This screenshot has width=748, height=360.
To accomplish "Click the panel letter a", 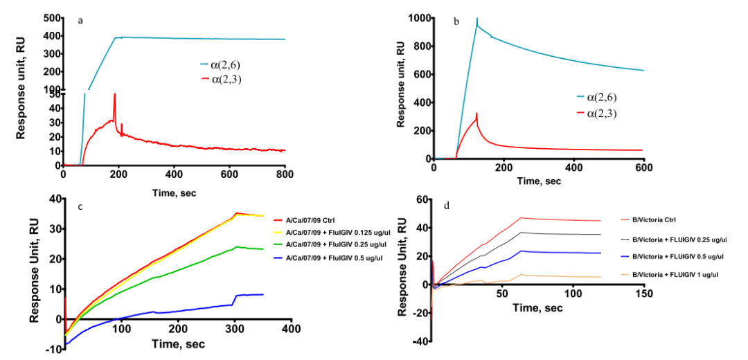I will click(81, 21).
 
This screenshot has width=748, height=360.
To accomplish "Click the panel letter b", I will click(456, 21).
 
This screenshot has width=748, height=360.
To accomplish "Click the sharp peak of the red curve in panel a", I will click(114, 95).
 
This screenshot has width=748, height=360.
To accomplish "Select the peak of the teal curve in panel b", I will click(477, 19).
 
